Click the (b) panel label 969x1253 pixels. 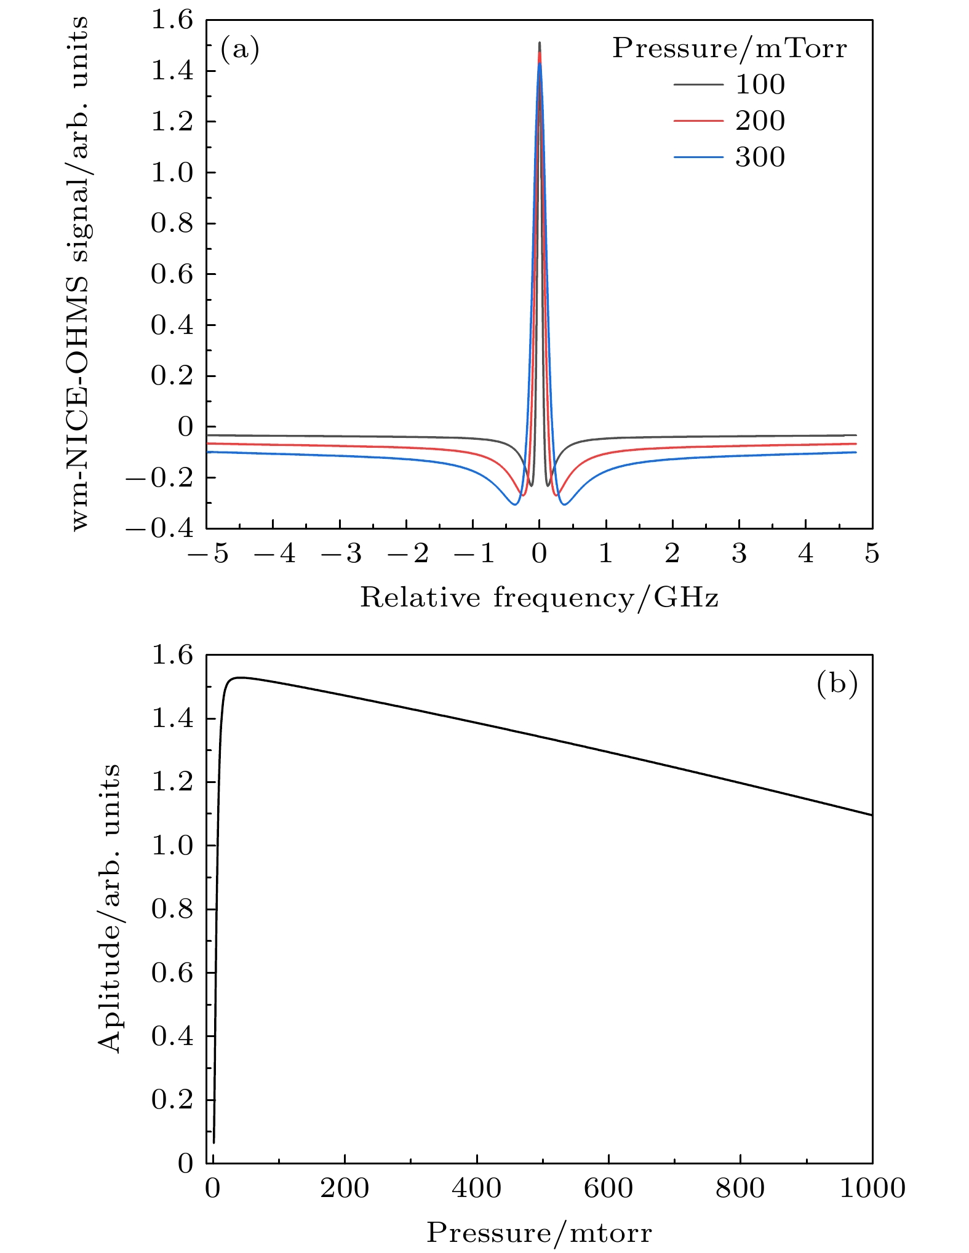point(837,683)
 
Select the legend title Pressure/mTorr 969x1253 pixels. point(729,48)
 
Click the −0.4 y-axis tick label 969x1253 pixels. point(160,528)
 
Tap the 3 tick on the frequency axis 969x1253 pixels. point(739,554)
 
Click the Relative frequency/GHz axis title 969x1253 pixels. point(539,598)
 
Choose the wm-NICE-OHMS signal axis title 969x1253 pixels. point(80,274)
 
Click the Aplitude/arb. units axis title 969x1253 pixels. point(110,909)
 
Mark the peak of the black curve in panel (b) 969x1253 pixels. point(239,677)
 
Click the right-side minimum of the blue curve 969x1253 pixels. point(564,505)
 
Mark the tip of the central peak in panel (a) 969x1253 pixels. point(540,42)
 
